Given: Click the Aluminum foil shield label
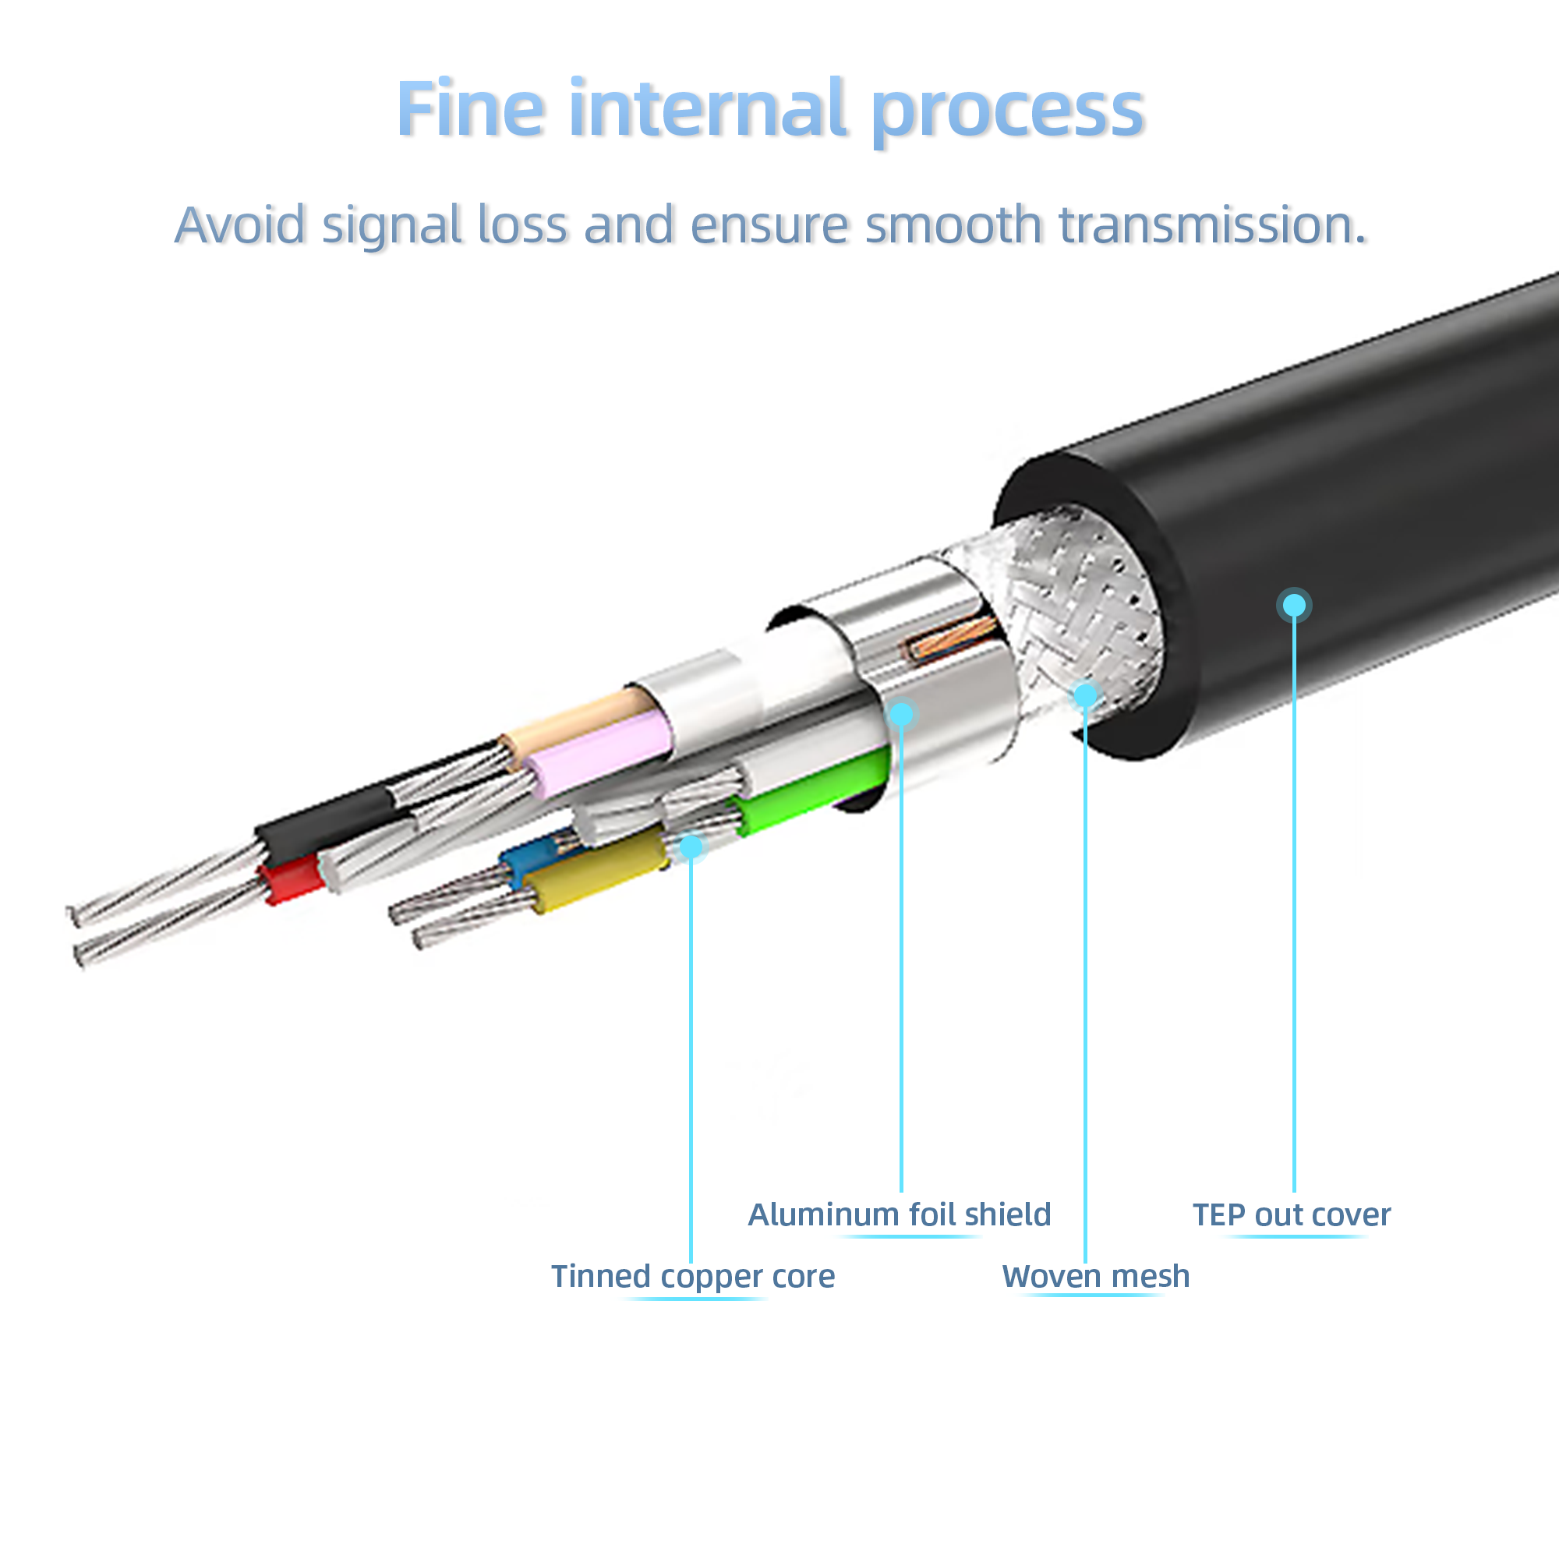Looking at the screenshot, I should tap(899, 1214).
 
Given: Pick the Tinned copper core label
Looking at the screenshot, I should tap(692, 1277).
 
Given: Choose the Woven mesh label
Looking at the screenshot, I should tap(1095, 1277).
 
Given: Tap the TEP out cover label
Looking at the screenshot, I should tap(1291, 1214).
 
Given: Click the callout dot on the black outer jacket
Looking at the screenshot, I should tap(1294, 605).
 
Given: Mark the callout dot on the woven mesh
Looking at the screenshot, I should tap(1086, 695).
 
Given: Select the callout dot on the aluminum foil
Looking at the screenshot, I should tap(901, 714).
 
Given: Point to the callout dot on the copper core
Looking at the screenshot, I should tap(691, 847).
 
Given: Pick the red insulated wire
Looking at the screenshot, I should tap(292, 880).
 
